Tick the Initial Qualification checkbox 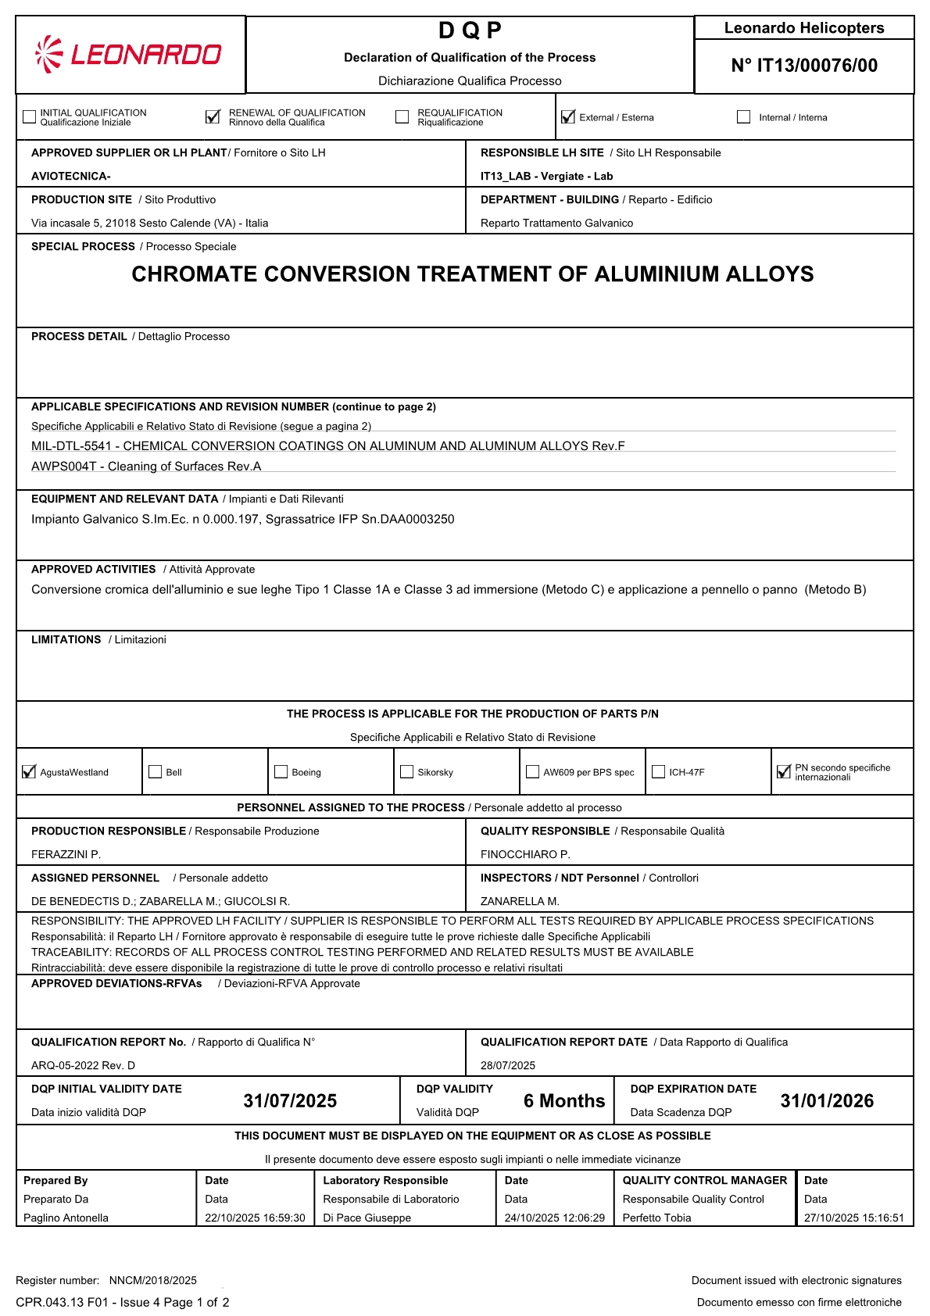pyautogui.click(x=30, y=117)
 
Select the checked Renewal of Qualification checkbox pyautogui.click(x=213, y=117)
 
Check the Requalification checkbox pyautogui.click(x=402, y=117)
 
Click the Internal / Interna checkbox pyautogui.click(x=743, y=117)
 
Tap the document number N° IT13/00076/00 pyautogui.click(x=804, y=66)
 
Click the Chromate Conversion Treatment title pyautogui.click(x=472, y=274)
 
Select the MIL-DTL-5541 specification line pyautogui.click(x=328, y=446)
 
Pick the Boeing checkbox pyautogui.click(x=281, y=772)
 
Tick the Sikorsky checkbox pyautogui.click(x=407, y=772)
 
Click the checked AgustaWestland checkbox pyautogui.click(x=30, y=772)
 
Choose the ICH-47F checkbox pyautogui.click(x=659, y=772)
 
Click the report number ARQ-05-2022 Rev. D pyautogui.click(x=83, y=1066)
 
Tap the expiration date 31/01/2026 pyautogui.click(x=827, y=1101)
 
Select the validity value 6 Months pyautogui.click(x=564, y=1101)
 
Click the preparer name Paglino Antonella pyautogui.click(x=66, y=1218)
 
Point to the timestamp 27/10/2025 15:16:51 pyautogui.click(x=854, y=1218)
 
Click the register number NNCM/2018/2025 pyautogui.click(x=153, y=1281)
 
